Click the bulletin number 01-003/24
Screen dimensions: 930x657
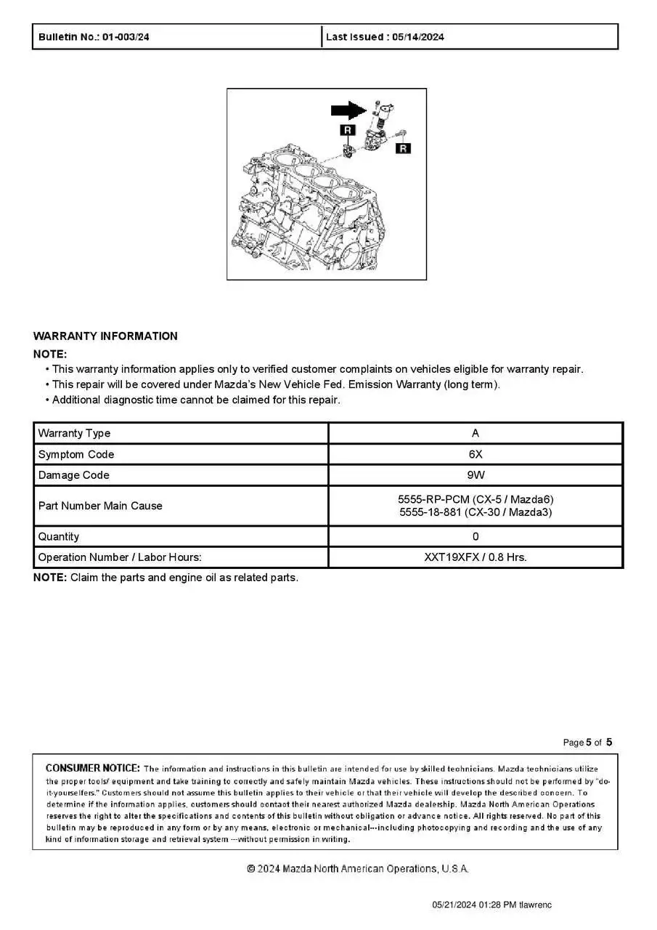pyautogui.click(x=126, y=37)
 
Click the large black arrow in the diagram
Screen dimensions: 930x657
pyautogui.click(x=348, y=110)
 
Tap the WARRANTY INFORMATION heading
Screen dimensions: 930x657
pyautogui.click(x=105, y=336)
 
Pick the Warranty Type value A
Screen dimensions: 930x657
pyautogui.click(x=476, y=434)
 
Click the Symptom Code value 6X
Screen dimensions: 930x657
pyautogui.click(x=476, y=455)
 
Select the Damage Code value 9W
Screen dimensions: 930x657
pyautogui.click(x=476, y=475)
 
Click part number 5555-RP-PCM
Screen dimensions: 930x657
pyautogui.click(x=434, y=500)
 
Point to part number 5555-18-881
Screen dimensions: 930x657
pyautogui.click(x=433, y=512)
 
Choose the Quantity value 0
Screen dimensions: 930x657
pyautogui.click(x=476, y=537)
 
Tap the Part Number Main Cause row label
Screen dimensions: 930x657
pyautogui.click(x=100, y=506)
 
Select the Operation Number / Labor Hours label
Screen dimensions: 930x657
pyautogui.click(x=120, y=558)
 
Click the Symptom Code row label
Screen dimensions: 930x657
pyautogui.click(x=76, y=455)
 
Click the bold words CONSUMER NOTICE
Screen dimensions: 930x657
pyautogui.click(x=93, y=769)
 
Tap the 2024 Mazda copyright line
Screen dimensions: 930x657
pyautogui.click(x=358, y=869)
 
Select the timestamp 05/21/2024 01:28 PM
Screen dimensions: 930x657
pyautogui.click(x=474, y=905)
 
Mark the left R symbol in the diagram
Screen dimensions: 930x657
pyautogui.click(x=348, y=130)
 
